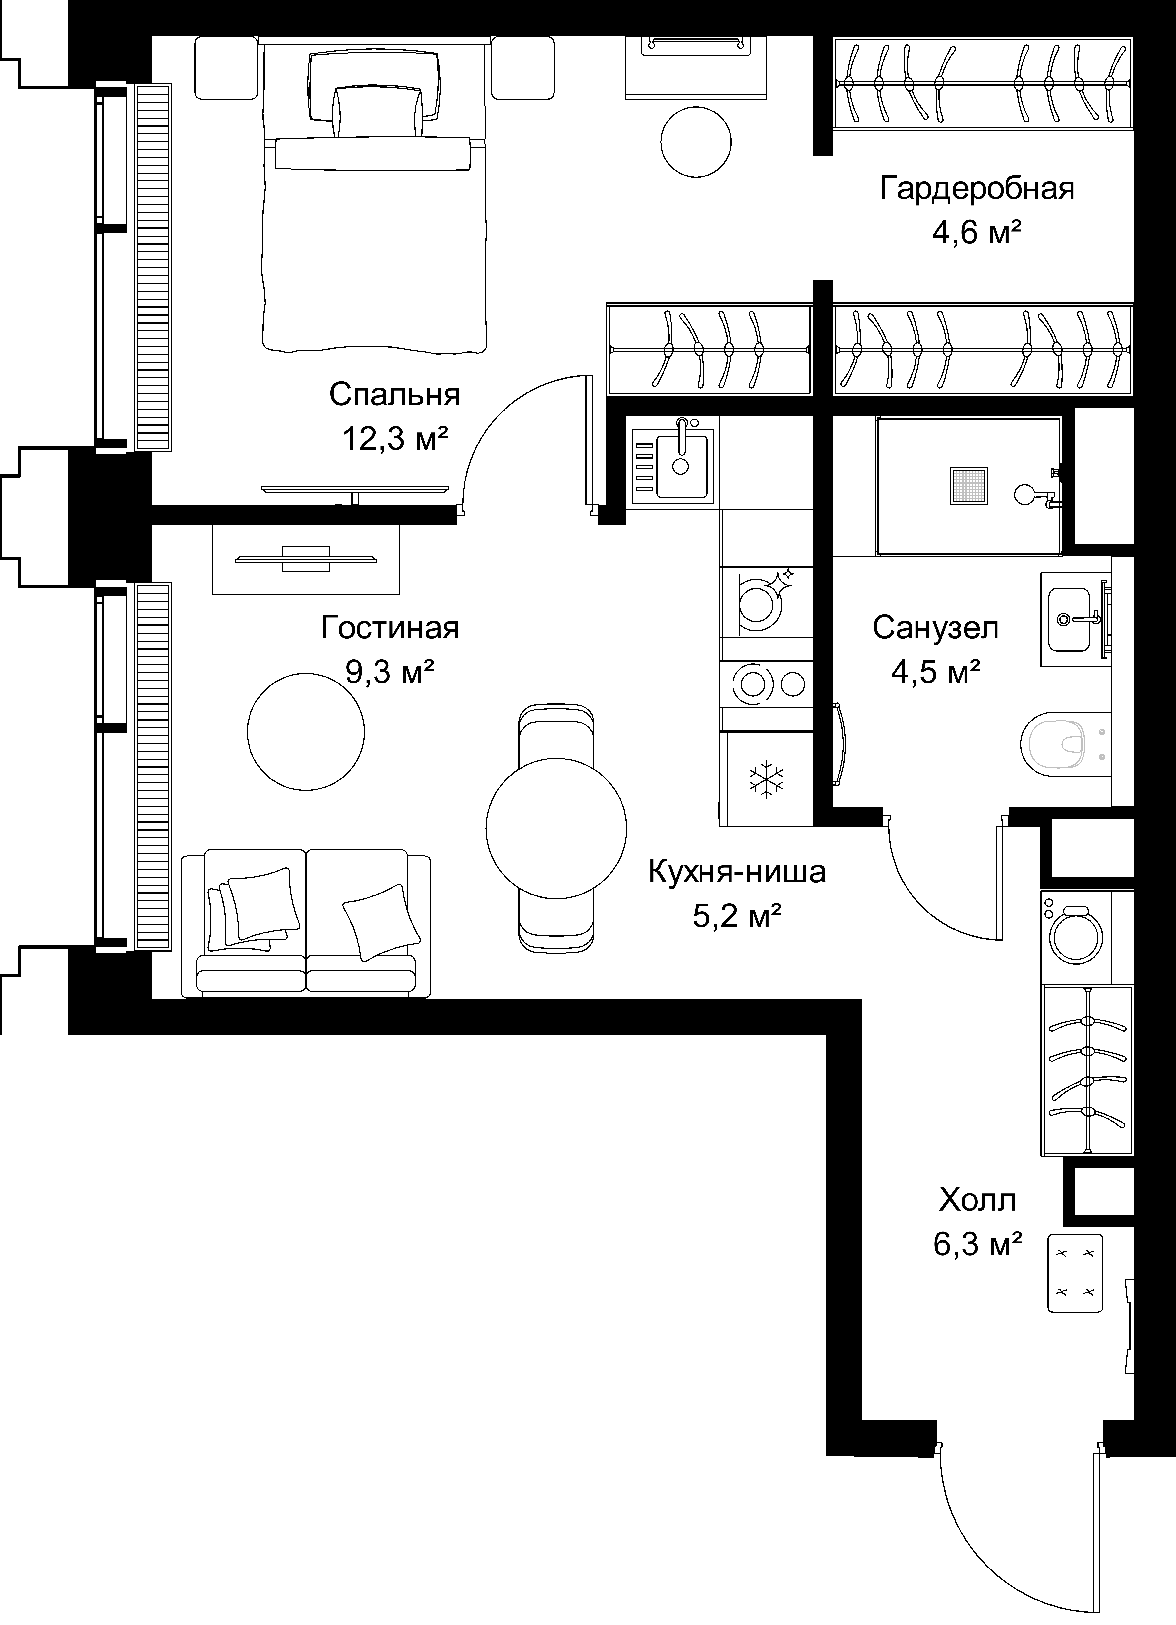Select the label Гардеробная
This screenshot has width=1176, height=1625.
(977, 189)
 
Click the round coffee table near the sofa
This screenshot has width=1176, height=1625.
(306, 731)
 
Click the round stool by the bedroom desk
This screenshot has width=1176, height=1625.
(696, 141)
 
